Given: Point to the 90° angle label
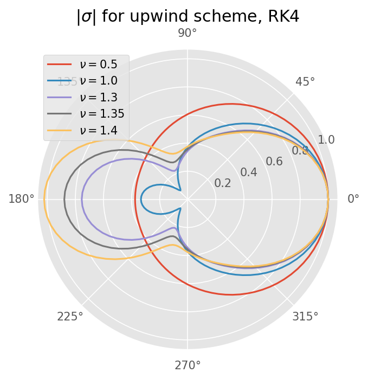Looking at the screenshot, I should tap(188, 33).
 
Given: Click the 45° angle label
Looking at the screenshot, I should tap(305, 82).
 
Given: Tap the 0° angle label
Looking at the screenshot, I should tap(353, 199).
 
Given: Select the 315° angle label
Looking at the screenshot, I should tap(305, 317).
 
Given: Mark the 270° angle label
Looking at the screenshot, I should tap(188, 365).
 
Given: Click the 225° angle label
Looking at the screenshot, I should tap(70, 317).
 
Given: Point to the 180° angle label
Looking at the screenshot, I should tap(21, 199).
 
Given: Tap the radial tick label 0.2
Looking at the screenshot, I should tap(223, 183).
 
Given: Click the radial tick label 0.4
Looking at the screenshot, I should tap(249, 172).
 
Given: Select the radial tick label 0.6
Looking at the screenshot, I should tap(274, 162).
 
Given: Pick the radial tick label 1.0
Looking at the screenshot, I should tap(326, 140).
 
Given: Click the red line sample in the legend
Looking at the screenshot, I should tap(60, 65).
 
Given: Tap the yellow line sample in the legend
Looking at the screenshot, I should tap(60, 130).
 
